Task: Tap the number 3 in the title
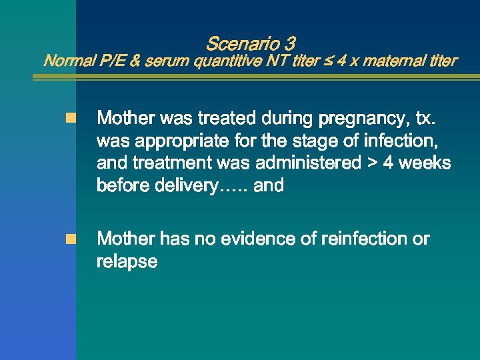pyautogui.click(x=289, y=45)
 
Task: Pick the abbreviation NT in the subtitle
pyautogui.click(x=273, y=61)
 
